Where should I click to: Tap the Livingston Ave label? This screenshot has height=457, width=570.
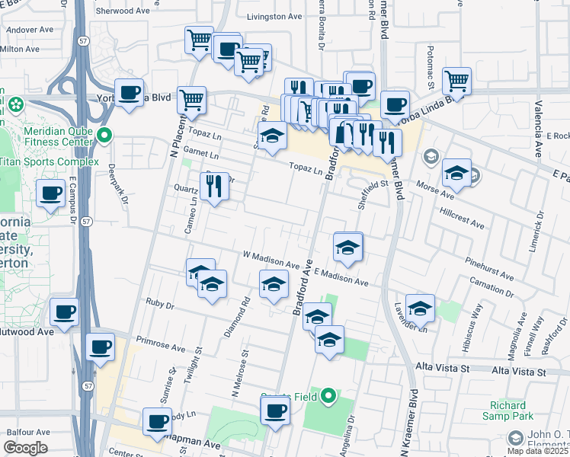[x=274, y=16]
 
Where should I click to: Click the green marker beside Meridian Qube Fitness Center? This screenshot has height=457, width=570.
[x=105, y=136]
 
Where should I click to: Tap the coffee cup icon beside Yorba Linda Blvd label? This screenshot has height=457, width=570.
[x=130, y=93]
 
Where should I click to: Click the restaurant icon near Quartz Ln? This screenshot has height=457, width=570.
[x=214, y=187]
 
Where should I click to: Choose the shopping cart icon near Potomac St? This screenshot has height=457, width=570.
[x=456, y=80]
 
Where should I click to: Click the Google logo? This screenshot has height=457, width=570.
[x=25, y=448]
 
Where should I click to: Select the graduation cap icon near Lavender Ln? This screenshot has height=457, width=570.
[x=420, y=308]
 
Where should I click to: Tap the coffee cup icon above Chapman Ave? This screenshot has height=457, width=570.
[x=158, y=421]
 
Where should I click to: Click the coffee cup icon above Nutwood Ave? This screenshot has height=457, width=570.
[x=64, y=312]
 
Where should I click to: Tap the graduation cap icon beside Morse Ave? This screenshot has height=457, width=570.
[x=456, y=174]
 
